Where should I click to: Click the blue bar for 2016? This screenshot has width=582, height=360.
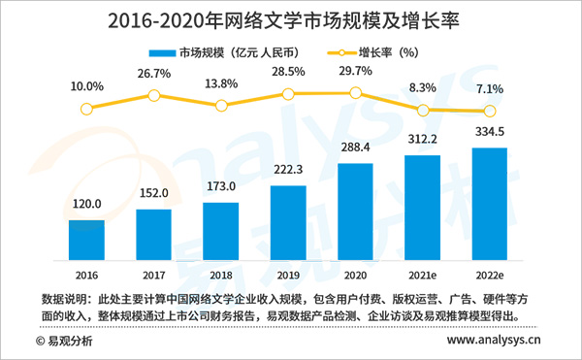[86, 240]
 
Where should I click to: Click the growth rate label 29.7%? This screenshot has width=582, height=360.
[355, 72]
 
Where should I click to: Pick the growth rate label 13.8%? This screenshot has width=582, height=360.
[221, 85]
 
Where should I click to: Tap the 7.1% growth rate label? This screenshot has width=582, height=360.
[490, 89]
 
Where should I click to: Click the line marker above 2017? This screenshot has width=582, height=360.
[153, 95]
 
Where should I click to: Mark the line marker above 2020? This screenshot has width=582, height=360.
[355, 93]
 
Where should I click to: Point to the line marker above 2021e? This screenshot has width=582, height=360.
[423, 110]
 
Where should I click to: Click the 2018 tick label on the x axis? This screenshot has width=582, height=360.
[221, 274]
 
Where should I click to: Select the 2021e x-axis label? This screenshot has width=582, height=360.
[423, 274]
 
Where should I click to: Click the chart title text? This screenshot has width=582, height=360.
[291, 19]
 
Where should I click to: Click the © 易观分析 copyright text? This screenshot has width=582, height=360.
[63, 342]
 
